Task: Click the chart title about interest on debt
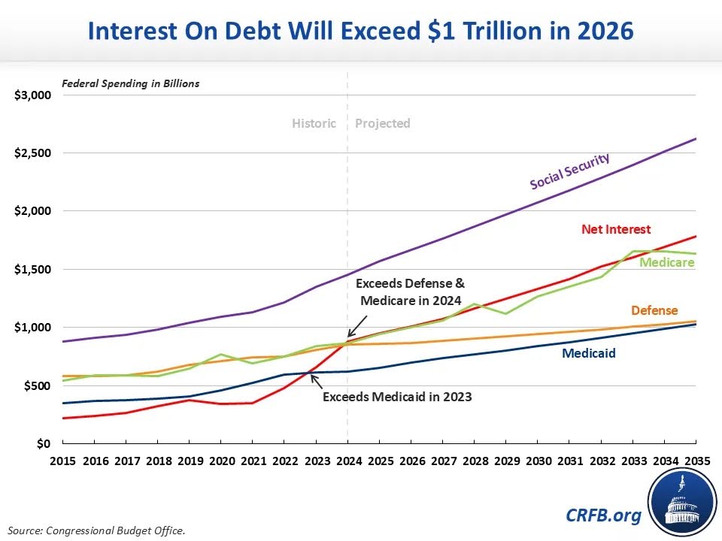click(361, 31)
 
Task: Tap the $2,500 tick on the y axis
click(33, 153)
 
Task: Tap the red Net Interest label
click(616, 229)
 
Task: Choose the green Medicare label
click(666, 262)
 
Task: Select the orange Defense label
click(654, 310)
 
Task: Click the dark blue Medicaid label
click(588, 351)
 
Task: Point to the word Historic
click(314, 123)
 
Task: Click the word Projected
click(382, 123)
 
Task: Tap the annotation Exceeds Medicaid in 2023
click(397, 396)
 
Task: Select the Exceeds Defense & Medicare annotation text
click(410, 292)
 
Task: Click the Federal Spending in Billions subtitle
click(130, 83)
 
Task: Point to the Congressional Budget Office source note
click(97, 530)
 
